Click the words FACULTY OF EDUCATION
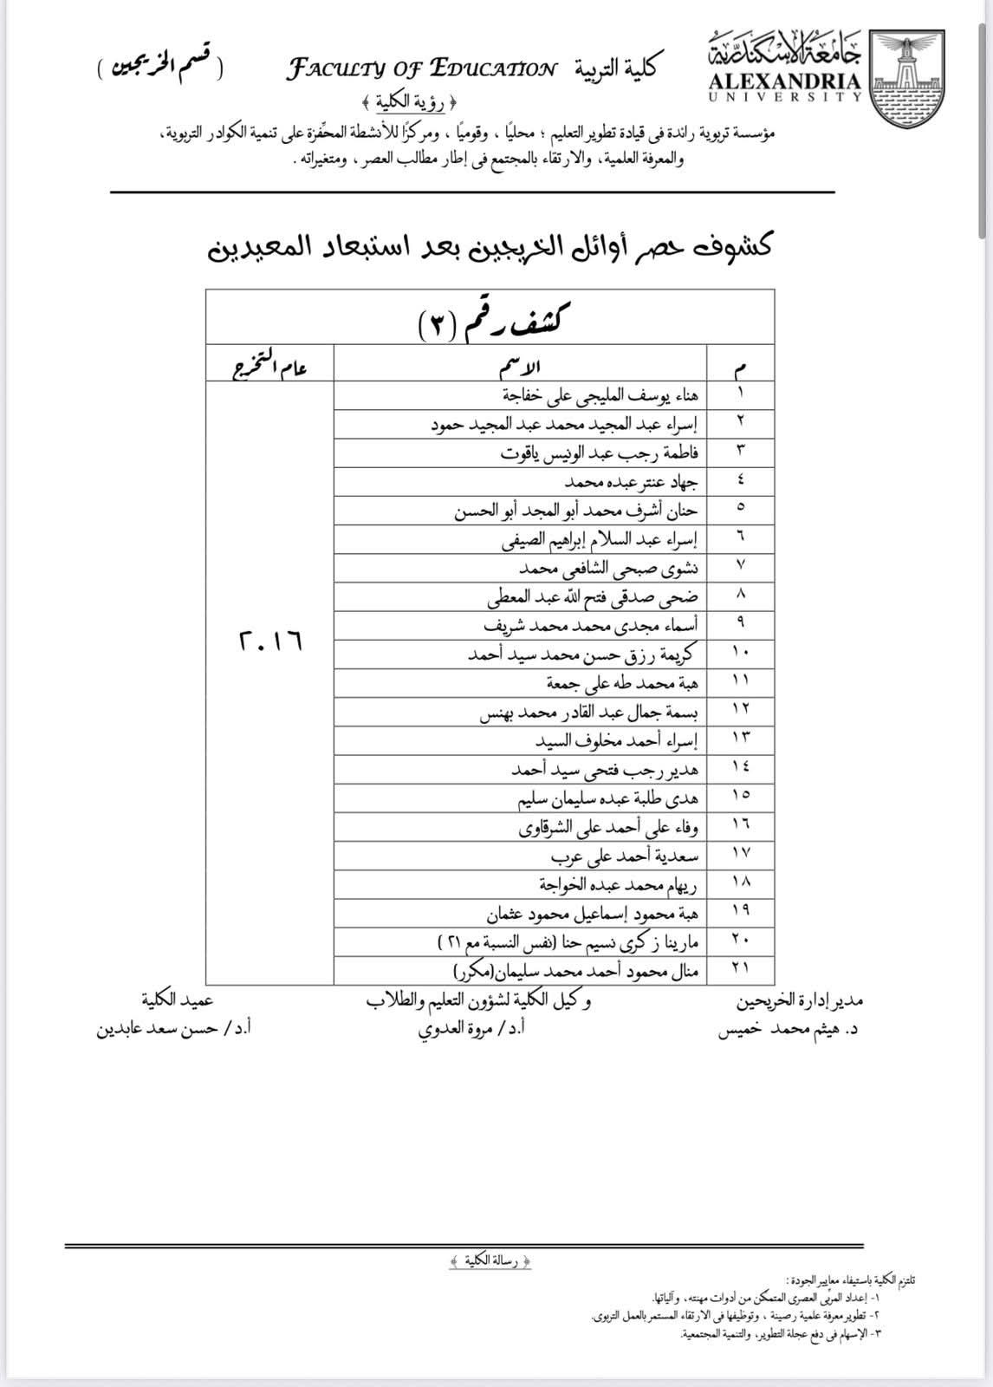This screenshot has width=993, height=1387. pyautogui.click(x=422, y=68)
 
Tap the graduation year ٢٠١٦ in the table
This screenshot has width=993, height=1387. pyautogui.click(x=269, y=641)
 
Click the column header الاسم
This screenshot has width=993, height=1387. pyautogui.click(x=520, y=366)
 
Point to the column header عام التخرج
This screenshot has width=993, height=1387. pyautogui.click(x=269, y=366)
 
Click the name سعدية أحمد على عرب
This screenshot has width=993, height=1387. pyautogui.click(x=625, y=856)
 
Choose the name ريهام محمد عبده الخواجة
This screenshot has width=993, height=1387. pyautogui.click(x=619, y=885)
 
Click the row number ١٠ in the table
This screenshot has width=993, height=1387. pyautogui.click(x=740, y=652)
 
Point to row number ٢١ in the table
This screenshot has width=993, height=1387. pyautogui.click(x=740, y=968)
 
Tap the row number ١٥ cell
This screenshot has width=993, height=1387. pyautogui.click(x=740, y=795)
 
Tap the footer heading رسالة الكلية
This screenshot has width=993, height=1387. pyautogui.click(x=490, y=1261)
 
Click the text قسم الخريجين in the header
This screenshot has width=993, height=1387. pyautogui.click(x=159, y=69)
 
